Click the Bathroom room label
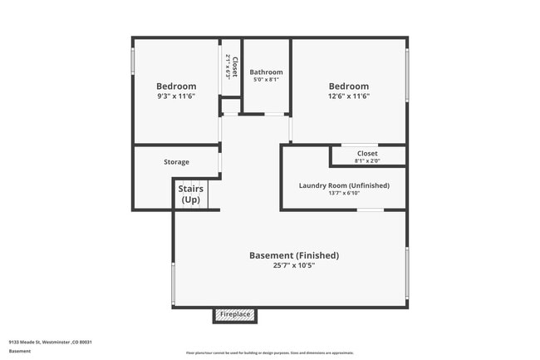(266, 72)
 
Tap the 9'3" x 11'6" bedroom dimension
(176, 96)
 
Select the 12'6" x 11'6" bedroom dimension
(348, 96)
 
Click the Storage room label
(176, 162)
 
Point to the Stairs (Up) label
(190, 195)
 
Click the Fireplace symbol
(235, 314)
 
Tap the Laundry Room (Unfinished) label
(344, 185)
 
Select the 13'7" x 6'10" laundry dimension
(344, 195)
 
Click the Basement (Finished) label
(294, 255)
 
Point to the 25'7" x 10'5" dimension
(294, 266)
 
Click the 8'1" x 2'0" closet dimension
(367, 161)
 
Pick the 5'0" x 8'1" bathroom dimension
(266, 81)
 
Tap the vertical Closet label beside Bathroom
(235, 67)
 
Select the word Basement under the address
(20, 351)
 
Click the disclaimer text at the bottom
(269, 353)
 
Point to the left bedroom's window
(133, 62)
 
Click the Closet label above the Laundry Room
(367, 154)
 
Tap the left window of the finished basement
(173, 283)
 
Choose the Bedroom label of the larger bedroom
(348, 86)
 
